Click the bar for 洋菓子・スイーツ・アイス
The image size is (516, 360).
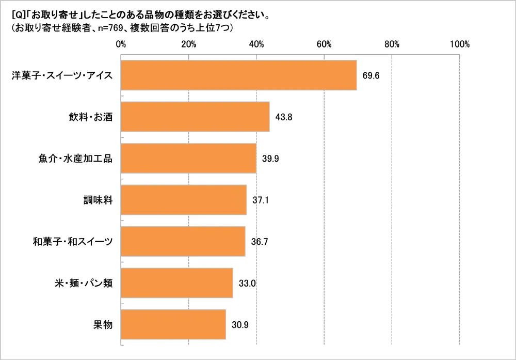(238, 75)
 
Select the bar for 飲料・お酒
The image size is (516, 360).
(195, 117)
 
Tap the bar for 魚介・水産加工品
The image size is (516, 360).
(188, 159)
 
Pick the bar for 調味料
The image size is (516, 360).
(184, 200)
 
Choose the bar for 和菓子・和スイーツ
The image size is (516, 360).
(183, 241)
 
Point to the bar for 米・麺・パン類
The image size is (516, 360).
(176, 283)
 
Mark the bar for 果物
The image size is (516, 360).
(173, 324)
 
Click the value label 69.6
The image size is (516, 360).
(370, 75)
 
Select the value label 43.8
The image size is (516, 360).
(284, 117)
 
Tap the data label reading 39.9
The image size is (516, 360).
(270, 159)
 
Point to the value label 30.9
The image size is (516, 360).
(240, 324)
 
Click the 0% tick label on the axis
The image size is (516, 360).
(121, 44)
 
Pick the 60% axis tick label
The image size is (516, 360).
(324, 44)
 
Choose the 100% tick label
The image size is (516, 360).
(459, 44)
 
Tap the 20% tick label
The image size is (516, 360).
(189, 44)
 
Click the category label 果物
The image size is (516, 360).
(103, 324)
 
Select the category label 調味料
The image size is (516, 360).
(99, 200)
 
